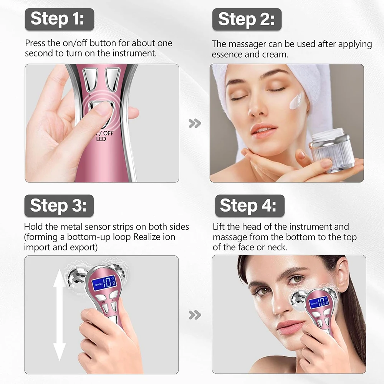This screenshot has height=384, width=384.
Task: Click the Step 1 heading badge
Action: pyautogui.click(x=60, y=19)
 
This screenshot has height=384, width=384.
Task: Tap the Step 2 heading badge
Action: pyautogui.click(x=247, y=19)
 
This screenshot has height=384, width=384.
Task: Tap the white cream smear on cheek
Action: pyautogui.click(x=296, y=101)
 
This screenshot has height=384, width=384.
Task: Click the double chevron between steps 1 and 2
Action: pyautogui.click(x=195, y=123)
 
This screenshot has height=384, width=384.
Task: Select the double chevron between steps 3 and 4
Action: pyautogui.click(x=195, y=315)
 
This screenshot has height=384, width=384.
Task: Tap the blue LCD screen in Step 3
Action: pyautogui.click(x=104, y=283)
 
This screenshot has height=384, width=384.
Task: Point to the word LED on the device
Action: pyautogui.click(x=101, y=139)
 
